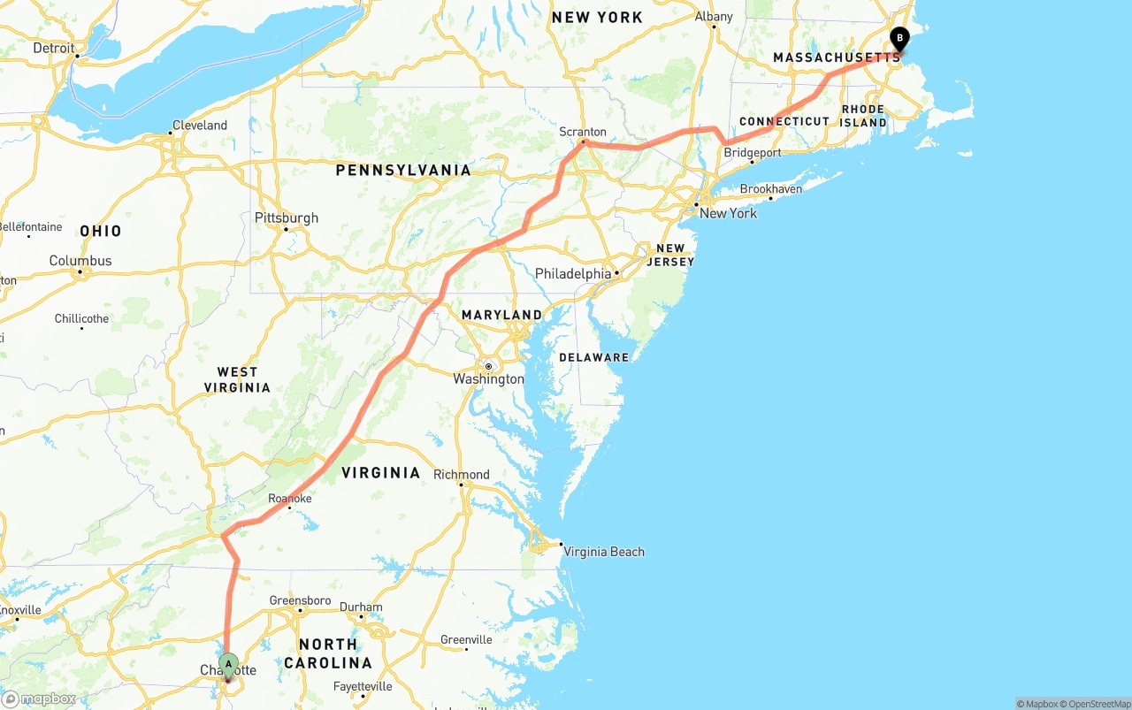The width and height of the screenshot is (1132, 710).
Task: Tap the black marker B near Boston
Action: (899, 39)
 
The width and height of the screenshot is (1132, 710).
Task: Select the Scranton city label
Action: (583, 132)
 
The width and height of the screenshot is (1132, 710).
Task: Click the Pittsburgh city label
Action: (286, 218)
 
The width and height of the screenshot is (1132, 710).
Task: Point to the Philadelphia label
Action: (573, 274)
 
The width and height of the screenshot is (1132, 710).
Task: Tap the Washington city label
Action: (488, 379)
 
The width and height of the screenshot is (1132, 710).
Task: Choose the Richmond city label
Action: (461, 475)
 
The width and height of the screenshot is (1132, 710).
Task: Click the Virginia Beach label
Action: (604, 552)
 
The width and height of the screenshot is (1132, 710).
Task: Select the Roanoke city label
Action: (290, 499)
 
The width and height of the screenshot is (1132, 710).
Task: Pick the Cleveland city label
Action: (199, 126)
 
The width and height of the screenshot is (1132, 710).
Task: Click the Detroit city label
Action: (54, 48)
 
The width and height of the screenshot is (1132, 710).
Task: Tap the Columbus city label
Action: (80, 261)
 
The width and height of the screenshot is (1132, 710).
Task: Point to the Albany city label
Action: (714, 17)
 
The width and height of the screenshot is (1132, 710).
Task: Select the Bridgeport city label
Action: (753, 153)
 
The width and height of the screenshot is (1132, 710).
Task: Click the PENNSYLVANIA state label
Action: (403, 170)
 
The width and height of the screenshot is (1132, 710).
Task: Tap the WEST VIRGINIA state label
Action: (237, 379)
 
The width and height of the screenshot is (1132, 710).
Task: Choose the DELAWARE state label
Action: (593, 357)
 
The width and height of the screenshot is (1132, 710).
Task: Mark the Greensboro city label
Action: (300, 600)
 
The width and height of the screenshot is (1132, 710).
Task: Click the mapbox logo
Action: (39, 699)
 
